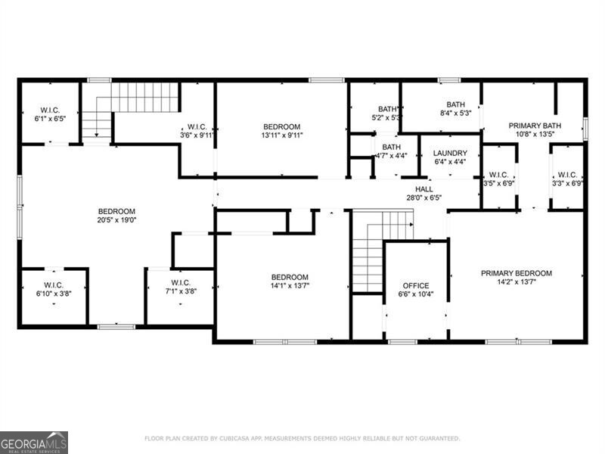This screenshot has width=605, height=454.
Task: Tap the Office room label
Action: [416, 285]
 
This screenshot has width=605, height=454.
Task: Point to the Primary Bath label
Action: [534, 126]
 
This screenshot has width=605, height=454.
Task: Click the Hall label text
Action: [423, 188]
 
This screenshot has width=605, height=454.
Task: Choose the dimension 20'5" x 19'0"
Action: [116, 220]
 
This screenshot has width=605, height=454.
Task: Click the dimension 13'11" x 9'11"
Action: [281, 136]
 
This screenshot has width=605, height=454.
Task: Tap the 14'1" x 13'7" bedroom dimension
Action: [290, 286]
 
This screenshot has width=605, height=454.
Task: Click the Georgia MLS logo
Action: [34, 442]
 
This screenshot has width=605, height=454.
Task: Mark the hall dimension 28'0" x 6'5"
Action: [423, 197]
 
